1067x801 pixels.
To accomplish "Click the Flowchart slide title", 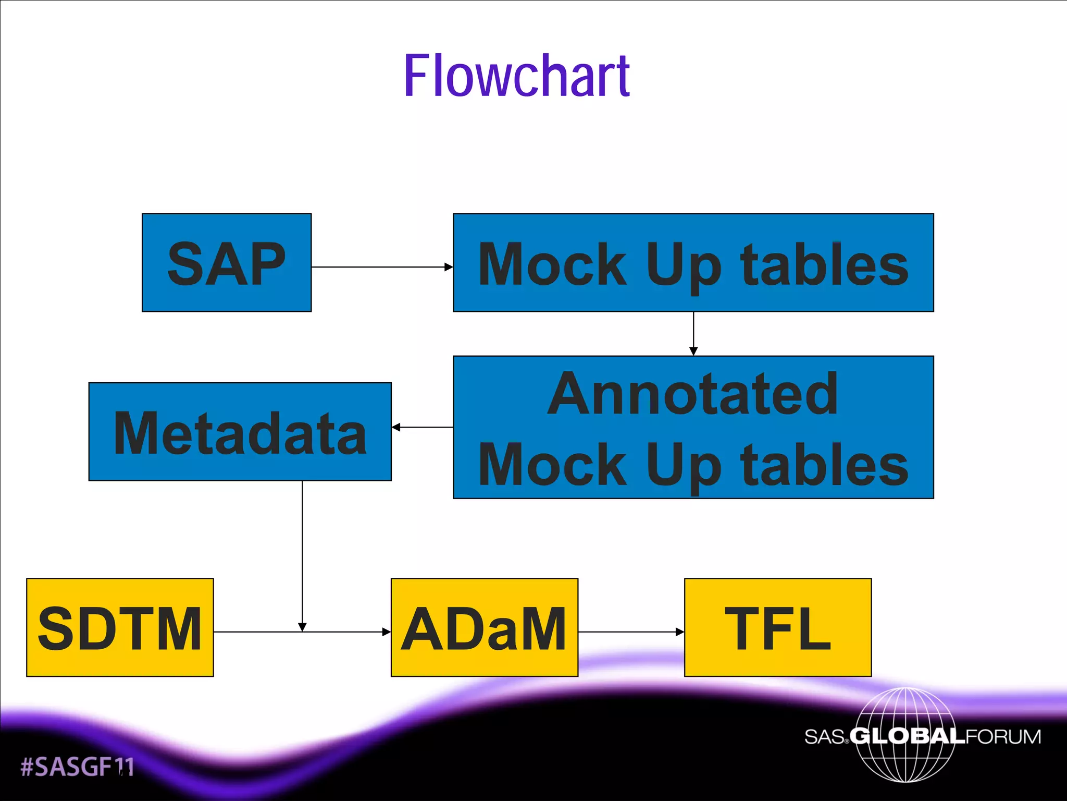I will (x=517, y=76).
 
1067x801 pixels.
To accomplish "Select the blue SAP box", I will (x=227, y=262).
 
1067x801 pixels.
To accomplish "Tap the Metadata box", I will (x=240, y=432).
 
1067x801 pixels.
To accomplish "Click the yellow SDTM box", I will (x=120, y=627).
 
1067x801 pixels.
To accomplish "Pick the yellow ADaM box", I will (x=484, y=627).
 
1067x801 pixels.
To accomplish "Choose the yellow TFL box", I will (x=777, y=627).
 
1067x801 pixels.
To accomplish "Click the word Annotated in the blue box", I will (x=693, y=394).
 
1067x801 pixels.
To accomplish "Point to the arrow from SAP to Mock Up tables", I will (x=382, y=267).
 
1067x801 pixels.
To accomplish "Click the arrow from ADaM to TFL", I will (x=631, y=632).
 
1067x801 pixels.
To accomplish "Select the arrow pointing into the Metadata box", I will (x=421, y=427).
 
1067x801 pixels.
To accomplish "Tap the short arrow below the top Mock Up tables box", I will (x=693, y=334).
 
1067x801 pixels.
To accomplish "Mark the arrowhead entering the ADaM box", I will (x=386, y=632).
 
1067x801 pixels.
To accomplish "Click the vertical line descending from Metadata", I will (x=302, y=553).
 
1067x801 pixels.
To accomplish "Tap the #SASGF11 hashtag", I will (x=77, y=767).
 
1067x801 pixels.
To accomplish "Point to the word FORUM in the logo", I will (x=1003, y=736).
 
